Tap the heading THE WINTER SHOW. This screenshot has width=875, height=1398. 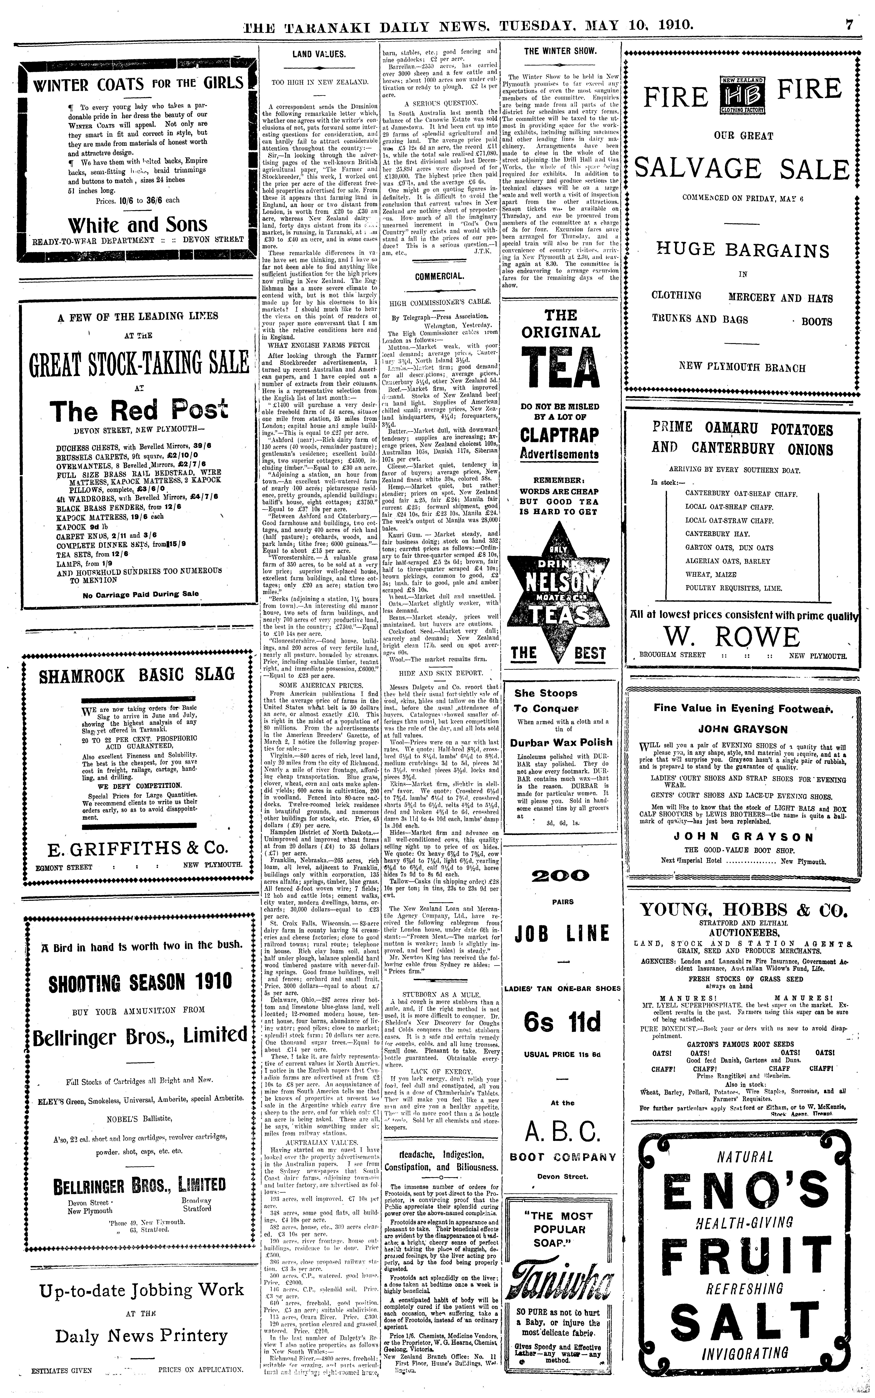(560, 51)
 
